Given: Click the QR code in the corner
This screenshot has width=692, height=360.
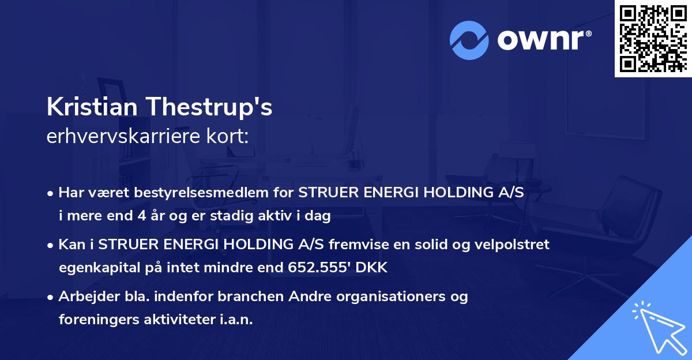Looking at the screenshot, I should (x=653, y=38).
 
